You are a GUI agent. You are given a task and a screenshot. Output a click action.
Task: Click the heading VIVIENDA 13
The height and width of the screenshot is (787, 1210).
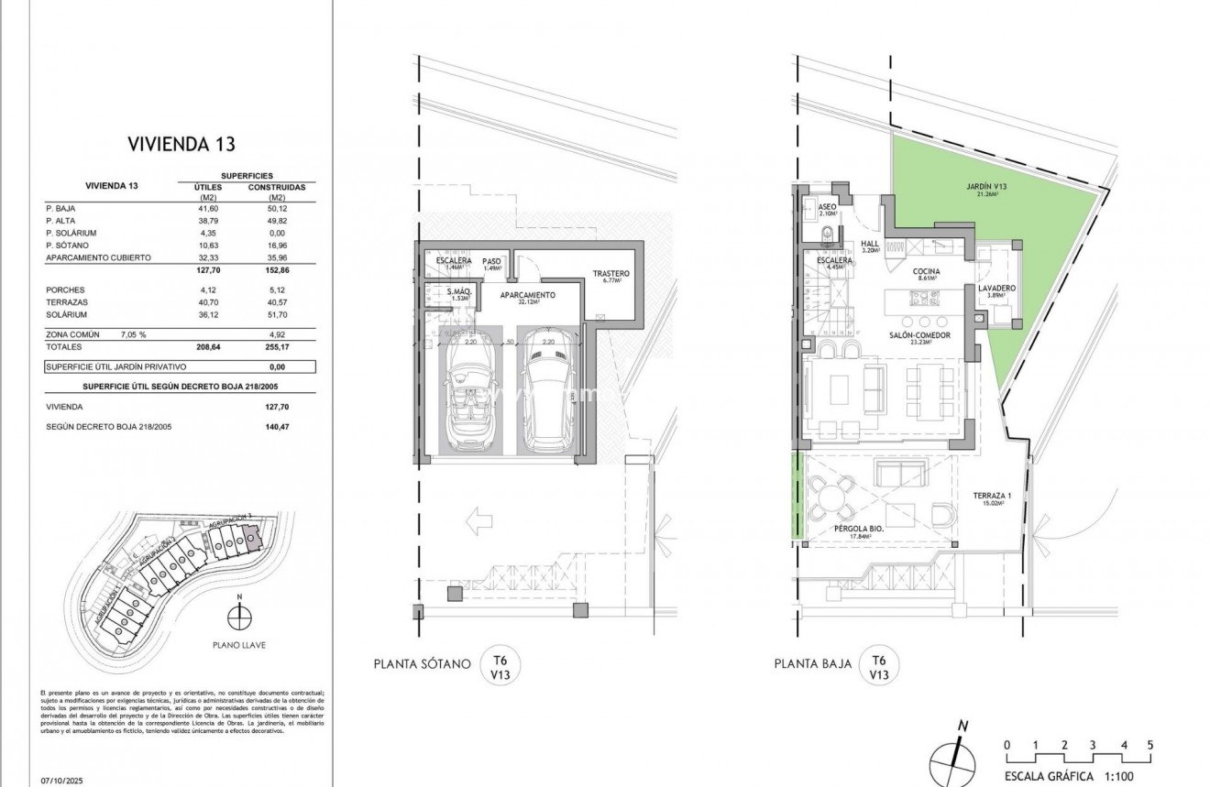[x=181, y=144]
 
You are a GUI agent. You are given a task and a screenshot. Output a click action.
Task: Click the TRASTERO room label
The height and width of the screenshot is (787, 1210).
[x=610, y=273]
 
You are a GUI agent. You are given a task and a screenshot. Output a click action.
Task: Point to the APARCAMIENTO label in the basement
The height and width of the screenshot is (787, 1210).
[x=527, y=295]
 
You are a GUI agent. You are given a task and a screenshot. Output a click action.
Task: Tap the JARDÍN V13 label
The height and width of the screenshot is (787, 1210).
[x=986, y=188]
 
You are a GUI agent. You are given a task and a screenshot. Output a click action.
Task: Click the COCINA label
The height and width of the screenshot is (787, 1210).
[x=927, y=272]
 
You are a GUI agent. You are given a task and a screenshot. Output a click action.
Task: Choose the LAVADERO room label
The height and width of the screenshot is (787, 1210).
[x=995, y=289]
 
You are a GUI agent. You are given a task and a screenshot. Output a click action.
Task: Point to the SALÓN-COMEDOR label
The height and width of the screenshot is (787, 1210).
[x=918, y=335]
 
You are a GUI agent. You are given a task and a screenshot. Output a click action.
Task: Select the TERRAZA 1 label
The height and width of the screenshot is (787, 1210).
[x=992, y=496]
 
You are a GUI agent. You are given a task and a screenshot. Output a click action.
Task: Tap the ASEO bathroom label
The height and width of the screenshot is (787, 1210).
[x=827, y=207]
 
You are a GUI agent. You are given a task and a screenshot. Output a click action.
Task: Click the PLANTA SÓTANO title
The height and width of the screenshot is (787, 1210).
[x=422, y=664]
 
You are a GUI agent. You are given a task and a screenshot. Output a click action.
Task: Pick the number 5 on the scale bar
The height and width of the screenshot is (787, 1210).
[x=1149, y=745]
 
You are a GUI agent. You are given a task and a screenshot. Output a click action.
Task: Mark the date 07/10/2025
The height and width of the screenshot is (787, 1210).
[x=62, y=781]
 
